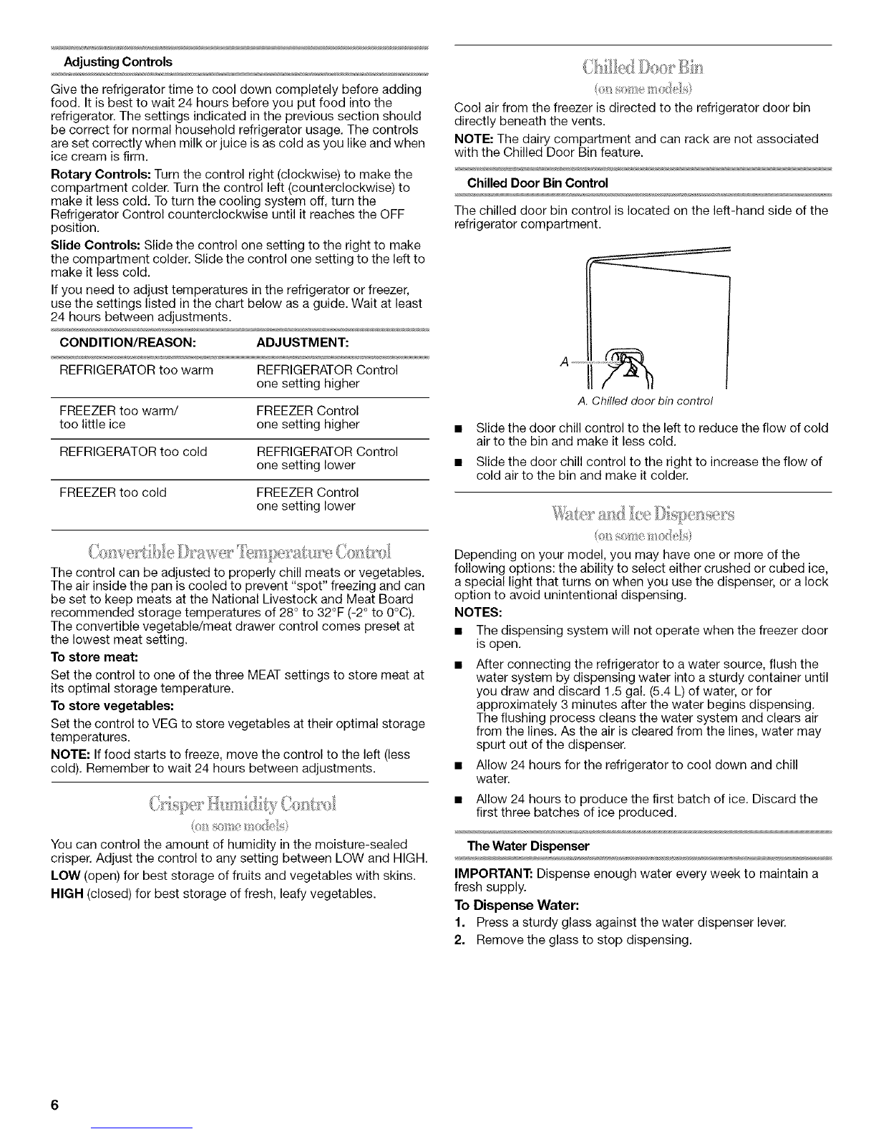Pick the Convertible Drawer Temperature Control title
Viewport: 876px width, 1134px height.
[x=238, y=553]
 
